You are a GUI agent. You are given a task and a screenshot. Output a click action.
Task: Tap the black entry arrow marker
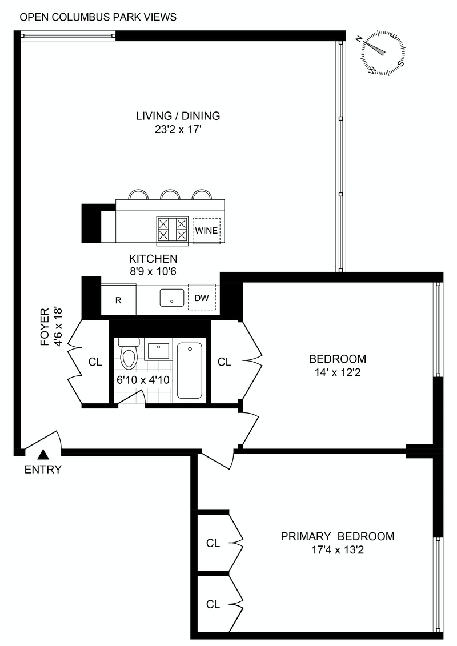point(43,455)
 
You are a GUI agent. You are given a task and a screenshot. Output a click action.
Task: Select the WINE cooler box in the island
point(206,231)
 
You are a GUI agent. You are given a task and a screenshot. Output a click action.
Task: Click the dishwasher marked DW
point(202,298)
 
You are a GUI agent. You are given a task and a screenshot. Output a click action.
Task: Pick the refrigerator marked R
point(119,299)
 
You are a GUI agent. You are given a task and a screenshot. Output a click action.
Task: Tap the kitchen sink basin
point(171,298)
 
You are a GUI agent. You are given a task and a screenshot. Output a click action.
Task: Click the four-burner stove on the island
point(173,229)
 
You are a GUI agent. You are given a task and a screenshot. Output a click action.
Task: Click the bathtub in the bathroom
point(189,370)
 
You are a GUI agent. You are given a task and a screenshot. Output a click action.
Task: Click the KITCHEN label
point(153,259)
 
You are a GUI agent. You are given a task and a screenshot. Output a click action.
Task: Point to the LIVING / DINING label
point(178,116)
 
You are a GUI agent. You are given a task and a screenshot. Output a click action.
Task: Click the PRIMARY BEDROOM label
point(337,536)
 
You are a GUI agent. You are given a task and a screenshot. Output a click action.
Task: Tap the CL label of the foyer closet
point(95,362)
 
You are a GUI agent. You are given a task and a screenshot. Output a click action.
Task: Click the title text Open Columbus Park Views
point(98,17)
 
